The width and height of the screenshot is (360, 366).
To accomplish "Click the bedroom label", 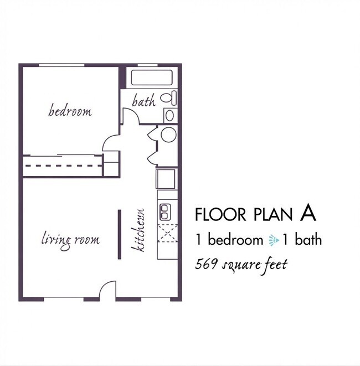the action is coord(70,111).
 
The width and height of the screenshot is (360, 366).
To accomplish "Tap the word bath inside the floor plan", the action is coord(144,101).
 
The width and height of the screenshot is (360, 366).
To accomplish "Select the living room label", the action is coord(71,240).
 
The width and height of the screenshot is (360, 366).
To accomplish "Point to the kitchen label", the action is coord(138,230).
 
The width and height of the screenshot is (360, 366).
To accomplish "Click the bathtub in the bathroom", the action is coord(152,78).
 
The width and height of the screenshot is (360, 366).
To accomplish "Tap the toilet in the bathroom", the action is coord(168,98).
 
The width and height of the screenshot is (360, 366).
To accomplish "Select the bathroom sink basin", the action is coord(169,115).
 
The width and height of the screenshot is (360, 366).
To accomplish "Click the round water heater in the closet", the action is coord(168,135).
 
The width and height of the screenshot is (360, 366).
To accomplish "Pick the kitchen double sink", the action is coord(165,212).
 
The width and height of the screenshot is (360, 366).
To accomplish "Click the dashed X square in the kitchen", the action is coord(167,233).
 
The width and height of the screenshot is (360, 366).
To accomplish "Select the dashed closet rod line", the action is coord(64,166).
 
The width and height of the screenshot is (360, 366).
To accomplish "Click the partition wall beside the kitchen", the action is coord(119,234).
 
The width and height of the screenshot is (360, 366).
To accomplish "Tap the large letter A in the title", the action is coord(308,214).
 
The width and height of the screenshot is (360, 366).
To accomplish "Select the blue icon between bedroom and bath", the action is coord(274,240).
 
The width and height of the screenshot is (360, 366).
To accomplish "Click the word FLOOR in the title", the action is coord(220,214).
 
